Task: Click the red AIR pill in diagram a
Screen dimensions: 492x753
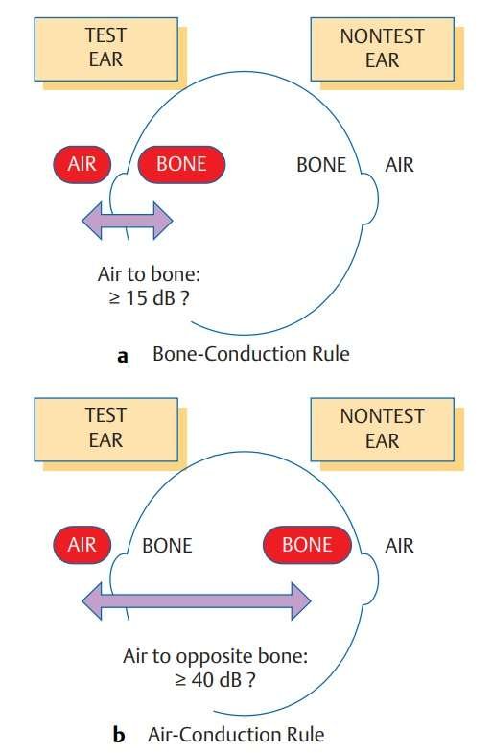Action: pyautogui.click(x=82, y=164)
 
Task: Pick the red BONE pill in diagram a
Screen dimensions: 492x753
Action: pyautogui.click(x=181, y=164)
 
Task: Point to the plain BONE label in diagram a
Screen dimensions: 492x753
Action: pyautogui.click(x=321, y=165)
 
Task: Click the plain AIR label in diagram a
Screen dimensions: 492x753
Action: pyautogui.click(x=399, y=165)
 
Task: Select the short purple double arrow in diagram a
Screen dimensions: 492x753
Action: pyautogui.click(x=128, y=221)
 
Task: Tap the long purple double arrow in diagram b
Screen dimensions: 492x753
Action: pyautogui.click(x=197, y=600)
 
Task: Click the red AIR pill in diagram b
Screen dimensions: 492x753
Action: pyautogui.click(x=82, y=545)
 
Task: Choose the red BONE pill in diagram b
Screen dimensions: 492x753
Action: pyautogui.click(x=307, y=545)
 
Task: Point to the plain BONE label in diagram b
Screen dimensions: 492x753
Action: pyautogui.click(x=167, y=546)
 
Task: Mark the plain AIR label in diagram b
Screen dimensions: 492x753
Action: pyautogui.click(x=399, y=546)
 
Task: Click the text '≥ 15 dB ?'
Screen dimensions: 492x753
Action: pyautogui.click(x=149, y=298)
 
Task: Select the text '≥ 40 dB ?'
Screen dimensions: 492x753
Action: pyautogui.click(x=215, y=679)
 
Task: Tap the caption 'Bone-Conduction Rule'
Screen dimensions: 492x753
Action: pyautogui.click(x=251, y=354)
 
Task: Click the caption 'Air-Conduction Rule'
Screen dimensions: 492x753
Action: pyautogui.click(x=236, y=735)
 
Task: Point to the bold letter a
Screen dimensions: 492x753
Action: pyautogui.click(x=123, y=356)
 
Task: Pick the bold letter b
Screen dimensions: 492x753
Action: pyautogui.click(x=119, y=735)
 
